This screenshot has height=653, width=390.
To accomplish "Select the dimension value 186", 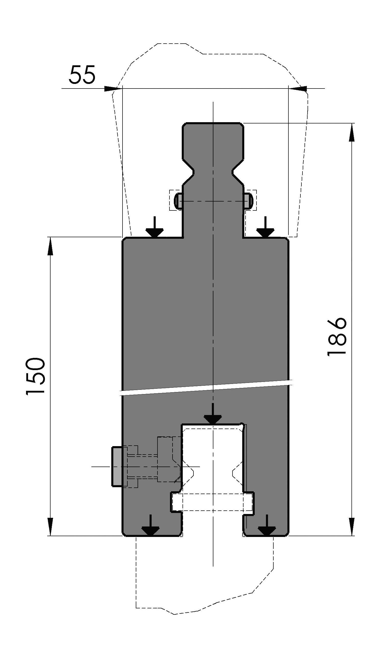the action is click(337, 337).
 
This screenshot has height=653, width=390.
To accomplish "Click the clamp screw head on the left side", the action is click(117, 467).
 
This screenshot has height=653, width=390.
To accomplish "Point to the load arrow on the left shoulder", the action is click(154, 227).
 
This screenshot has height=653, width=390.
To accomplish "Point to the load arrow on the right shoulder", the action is click(265, 227).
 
